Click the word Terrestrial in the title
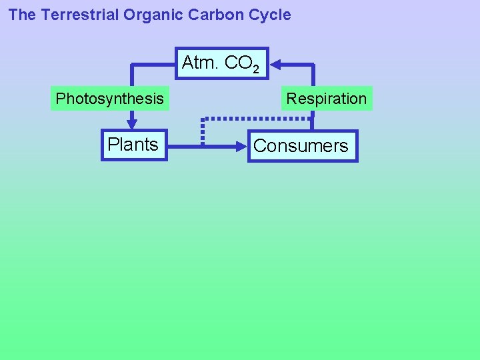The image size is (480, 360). coord(79,15)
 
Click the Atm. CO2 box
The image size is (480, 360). coord(221,63)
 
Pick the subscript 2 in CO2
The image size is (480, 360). coord(255,69)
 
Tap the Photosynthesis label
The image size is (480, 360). coord(109,99)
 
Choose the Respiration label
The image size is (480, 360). coord(326,99)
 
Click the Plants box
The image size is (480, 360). coord(133,145)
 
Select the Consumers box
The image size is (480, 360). coord(301,145)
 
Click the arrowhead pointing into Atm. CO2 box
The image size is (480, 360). coord(275,65)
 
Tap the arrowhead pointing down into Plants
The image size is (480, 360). coord(132,123)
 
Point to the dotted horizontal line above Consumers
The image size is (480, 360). coord(257,119)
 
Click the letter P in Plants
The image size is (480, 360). coord(113,145)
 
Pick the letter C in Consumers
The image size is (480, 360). coord(260,146)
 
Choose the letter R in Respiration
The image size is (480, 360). coord(291,99)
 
